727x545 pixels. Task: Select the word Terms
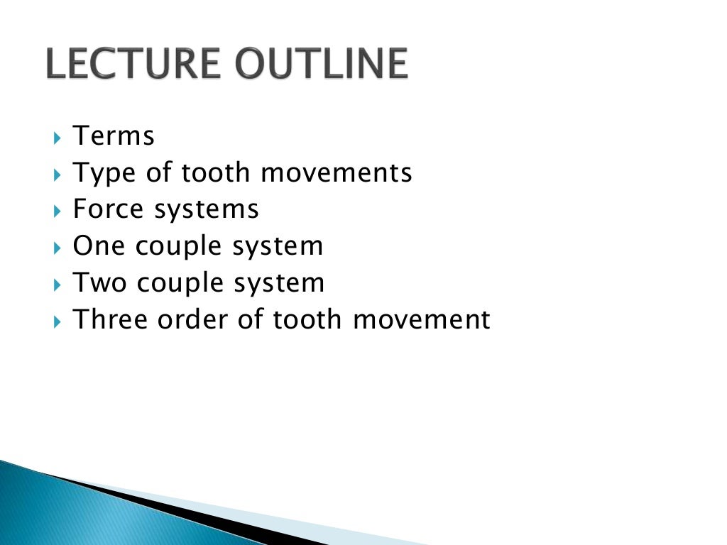coord(114,136)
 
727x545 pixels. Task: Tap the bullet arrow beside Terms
coord(58,136)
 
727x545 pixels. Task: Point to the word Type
coord(100,174)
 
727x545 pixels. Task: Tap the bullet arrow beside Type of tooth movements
coord(58,173)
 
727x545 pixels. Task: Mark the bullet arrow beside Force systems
coord(58,210)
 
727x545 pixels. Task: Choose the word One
coord(99,246)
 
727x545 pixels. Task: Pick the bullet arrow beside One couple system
coord(58,247)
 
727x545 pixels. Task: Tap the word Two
coord(99,283)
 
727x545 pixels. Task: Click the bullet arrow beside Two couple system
coord(58,284)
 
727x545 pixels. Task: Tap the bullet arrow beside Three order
coord(58,321)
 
